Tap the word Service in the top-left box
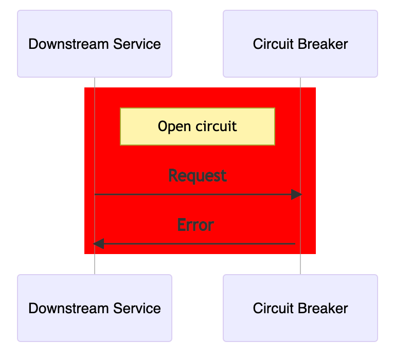(140, 44)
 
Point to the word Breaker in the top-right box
(325, 44)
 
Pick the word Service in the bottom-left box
(140, 309)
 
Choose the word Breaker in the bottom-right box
(325, 309)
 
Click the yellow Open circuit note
(198, 127)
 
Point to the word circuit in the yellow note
(215, 127)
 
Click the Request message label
(198, 176)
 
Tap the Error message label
(195, 225)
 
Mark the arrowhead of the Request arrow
(296, 194)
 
